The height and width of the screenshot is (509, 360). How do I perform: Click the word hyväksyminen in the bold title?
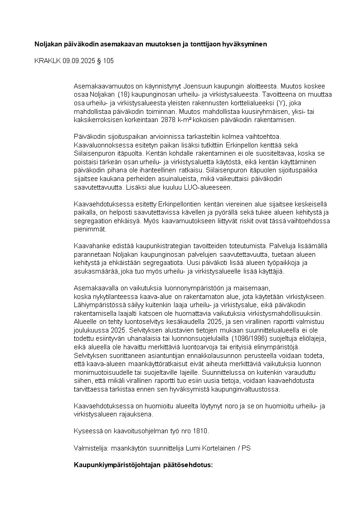click(244, 44)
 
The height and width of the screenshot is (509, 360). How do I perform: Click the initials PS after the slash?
click(246, 448)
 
